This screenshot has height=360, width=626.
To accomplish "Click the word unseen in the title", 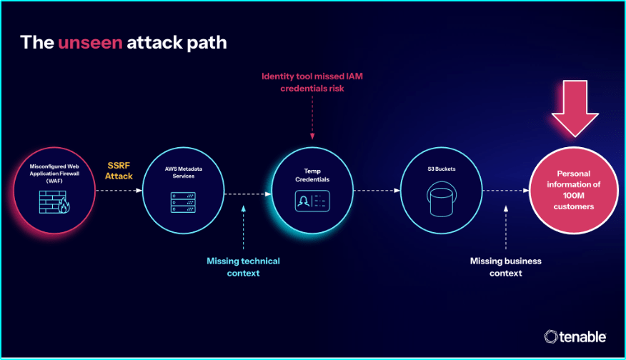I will pyautogui.click(x=90, y=42).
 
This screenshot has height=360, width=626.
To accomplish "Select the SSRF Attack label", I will pyautogui.click(x=119, y=170).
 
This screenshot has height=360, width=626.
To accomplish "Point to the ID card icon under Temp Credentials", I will pyautogui.click(x=312, y=201).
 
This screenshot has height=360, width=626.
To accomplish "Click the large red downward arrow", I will pyautogui.click(x=575, y=106).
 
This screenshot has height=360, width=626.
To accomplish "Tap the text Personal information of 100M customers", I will pyautogui.click(x=573, y=190).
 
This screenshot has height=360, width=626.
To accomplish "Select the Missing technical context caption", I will pyautogui.click(x=243, y=266).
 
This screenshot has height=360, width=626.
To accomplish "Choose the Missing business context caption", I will pyautogui.click(x=505, y=266).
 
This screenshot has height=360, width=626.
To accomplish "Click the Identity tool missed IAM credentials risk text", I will pyautogui.click(x=313, y=82).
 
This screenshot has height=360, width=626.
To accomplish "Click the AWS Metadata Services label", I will pyautogui.click(x=184, y=172).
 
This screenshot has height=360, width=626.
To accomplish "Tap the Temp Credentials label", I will pyautogui.click(x=312, y=176).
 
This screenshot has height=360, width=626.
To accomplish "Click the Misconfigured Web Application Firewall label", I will pyautogui.click(x=54, y=173).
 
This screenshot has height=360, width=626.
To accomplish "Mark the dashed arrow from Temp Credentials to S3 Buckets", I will pyautogui.click(x=375, y=191).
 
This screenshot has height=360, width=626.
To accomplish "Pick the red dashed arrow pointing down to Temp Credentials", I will pyautogui.click(x=312, y=116).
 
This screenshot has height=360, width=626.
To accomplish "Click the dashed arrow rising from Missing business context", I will pyautogui.click(x=506, y=228).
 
